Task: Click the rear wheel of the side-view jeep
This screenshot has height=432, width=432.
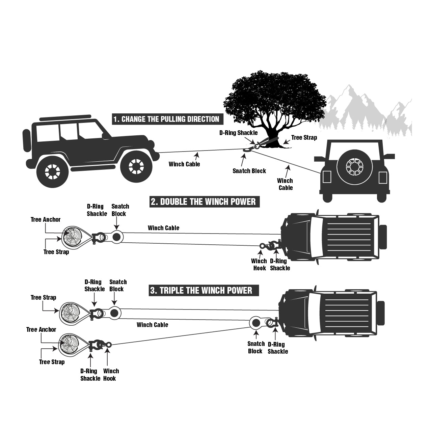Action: coord(53,172)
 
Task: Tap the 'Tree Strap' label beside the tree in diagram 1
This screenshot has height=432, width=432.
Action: coord(304,137)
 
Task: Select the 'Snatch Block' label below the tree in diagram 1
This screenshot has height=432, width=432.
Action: coord(249,171)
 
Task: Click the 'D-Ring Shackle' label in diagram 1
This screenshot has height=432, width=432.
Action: coord(238,133)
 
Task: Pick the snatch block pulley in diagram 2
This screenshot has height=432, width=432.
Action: coord(116,237)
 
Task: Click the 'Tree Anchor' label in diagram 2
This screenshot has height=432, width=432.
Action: coord(46,220)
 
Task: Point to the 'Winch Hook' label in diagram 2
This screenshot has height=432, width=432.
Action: coord(259,265)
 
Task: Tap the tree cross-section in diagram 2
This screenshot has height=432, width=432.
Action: coord(72,236)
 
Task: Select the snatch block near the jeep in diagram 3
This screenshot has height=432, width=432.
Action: coord(256,323)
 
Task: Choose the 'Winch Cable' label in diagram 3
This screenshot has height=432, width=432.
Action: coord(152,325)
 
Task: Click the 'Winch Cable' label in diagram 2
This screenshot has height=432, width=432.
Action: coord(163,228)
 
